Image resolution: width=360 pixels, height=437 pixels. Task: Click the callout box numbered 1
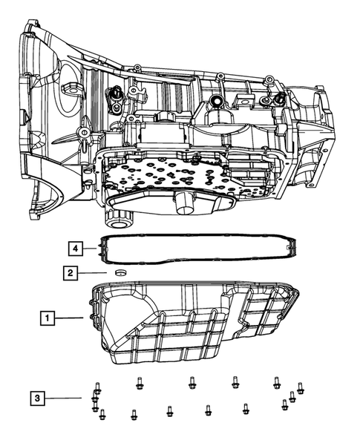point(47,318)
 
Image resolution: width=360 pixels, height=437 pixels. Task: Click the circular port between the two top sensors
point(216,102)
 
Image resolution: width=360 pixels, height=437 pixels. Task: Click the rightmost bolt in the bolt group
point(300,387)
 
